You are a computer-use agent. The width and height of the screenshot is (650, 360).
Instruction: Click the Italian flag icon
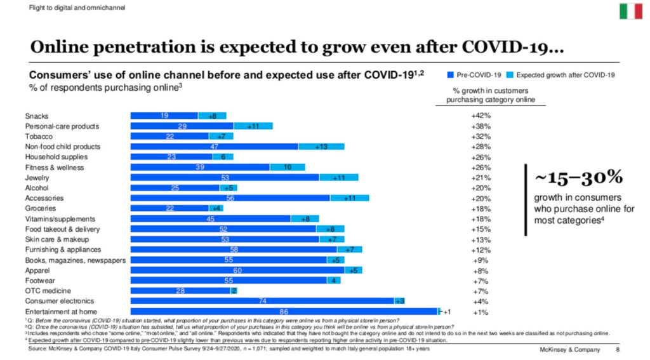[630, 11]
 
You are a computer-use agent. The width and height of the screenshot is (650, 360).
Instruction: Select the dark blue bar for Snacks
[164, 116]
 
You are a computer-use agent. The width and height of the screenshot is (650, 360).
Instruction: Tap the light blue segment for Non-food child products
[321, 147]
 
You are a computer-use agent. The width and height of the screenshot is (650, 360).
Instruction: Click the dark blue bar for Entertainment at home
[284, 312]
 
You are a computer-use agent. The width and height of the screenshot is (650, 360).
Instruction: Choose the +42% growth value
[481, 116]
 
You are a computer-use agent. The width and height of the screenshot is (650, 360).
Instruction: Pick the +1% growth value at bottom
[481, 312]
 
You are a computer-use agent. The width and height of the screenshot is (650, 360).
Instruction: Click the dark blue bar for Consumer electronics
[262, 301]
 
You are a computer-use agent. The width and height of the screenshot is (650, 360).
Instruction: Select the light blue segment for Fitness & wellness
[286, 168]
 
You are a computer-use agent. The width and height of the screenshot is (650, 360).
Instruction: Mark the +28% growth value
[481, 147]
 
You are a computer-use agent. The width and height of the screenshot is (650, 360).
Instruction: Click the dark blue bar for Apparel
[237, 270]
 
